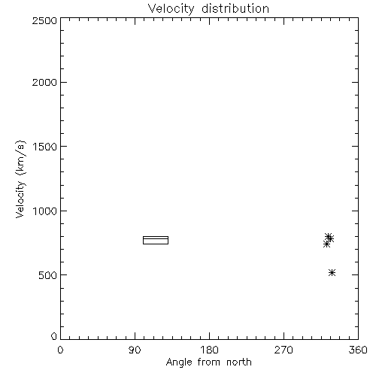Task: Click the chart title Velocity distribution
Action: click(208, 9)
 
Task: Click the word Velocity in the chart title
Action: click(171, 9)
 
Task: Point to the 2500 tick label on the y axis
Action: click(44, 20)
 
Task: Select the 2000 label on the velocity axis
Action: click(44, 82)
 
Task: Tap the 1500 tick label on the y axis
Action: click(45, 147)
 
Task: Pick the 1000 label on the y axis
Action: click(45, 211)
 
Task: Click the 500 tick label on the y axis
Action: click(48, 275)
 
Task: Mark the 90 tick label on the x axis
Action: click(135, 350)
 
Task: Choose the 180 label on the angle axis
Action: click(209, 350)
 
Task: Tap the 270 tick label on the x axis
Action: click(284, 350)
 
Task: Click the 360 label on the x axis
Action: click(358, 350)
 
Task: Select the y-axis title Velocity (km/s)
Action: click(20, 179)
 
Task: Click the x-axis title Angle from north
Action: click(208, 362)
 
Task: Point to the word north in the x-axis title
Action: click(239, 362)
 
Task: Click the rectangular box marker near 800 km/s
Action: click(156, 236)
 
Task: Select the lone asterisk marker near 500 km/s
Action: click(332, 273)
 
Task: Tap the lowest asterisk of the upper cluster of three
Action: click(326, 244)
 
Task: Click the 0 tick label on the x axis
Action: click(60, 350)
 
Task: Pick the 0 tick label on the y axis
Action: click(54, 336)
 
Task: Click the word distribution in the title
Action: click(235, 9)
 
